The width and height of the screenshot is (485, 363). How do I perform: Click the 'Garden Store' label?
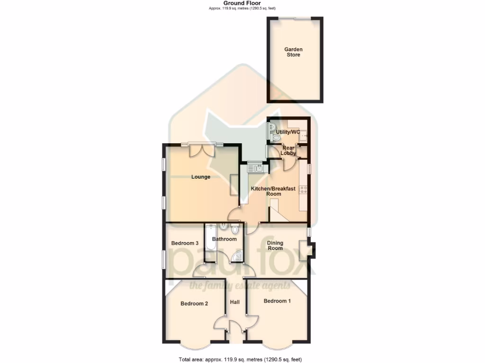[293, 52]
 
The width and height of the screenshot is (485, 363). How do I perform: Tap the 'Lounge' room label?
[200, 177]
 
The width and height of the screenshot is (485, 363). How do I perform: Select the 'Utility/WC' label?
[288, 132]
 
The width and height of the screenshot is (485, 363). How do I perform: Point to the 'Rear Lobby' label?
[288, 150]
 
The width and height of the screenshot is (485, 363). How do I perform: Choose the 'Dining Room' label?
[275, 245]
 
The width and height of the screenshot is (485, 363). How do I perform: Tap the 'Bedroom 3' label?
[184, 243]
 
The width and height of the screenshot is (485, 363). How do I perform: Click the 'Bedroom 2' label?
[194, 304]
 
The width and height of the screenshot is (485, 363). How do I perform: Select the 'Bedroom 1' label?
[277, 301]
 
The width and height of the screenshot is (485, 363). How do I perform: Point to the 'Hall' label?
[235, 302]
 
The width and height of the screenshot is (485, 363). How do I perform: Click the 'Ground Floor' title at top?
[242, 3]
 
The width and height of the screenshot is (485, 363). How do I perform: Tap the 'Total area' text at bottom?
[240, 359]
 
